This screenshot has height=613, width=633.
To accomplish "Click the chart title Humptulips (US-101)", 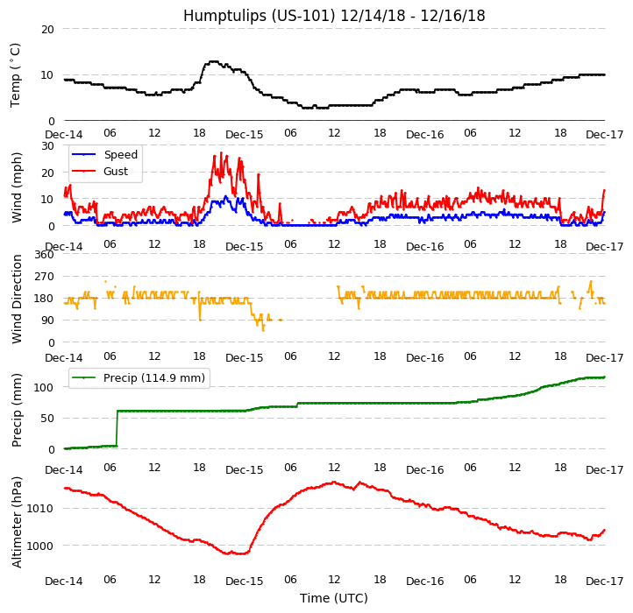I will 334,16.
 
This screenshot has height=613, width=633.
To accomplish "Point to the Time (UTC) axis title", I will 334,598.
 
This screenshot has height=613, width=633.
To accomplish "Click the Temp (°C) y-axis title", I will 16,74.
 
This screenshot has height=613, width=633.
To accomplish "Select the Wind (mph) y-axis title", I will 18,187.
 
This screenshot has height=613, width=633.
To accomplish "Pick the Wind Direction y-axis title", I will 18,299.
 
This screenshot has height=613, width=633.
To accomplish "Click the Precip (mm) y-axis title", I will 18,410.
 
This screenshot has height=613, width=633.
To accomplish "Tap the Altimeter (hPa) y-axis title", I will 18,522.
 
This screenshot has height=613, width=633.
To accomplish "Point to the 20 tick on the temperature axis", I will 47,29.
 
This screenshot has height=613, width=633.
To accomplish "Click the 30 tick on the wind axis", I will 47,145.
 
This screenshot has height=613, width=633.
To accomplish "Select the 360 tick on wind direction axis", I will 44,255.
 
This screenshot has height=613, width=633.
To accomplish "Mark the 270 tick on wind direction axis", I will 44,277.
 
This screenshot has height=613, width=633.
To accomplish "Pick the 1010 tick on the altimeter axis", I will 41,508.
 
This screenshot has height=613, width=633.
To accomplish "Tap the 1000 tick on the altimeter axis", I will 41,546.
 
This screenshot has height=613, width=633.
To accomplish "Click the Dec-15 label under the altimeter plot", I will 244,581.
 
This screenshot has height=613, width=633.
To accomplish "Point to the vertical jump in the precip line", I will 117,428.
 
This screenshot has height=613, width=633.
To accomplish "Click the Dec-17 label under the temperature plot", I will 604,135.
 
